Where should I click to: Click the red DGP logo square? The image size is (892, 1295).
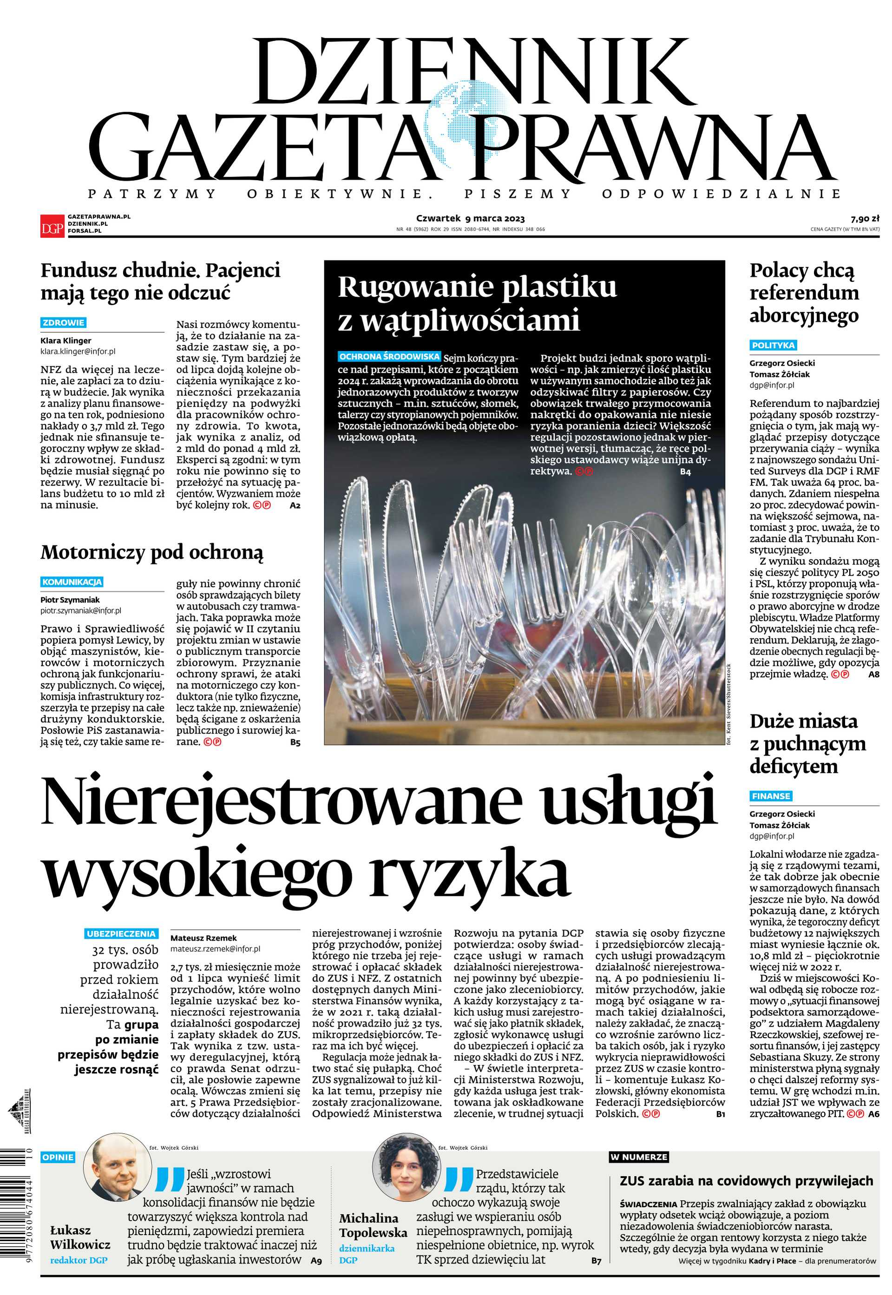point(52,226)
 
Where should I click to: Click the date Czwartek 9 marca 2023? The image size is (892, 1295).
point(470,218)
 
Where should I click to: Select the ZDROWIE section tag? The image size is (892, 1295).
point(63,323)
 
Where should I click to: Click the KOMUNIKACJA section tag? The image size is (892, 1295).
point(72,582)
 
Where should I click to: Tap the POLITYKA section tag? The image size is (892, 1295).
point(773,345)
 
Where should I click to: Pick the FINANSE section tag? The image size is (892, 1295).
point(771,796)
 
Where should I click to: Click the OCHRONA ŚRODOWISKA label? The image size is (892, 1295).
point(389,356)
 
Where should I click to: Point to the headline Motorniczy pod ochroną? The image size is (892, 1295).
point(151,553)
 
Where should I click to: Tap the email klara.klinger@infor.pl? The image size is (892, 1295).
point(78,352)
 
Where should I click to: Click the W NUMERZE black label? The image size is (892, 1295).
point(638,1157)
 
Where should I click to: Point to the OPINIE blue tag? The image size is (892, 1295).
point(58,1157)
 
